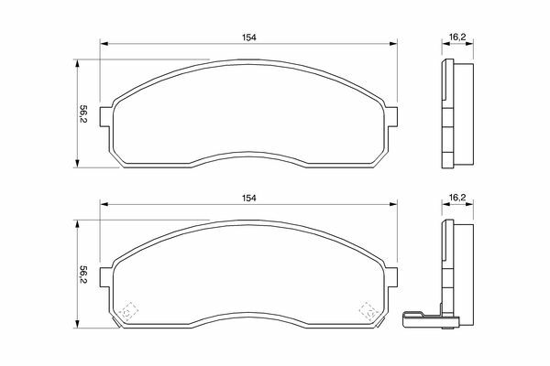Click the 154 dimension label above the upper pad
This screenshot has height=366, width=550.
point(248,38)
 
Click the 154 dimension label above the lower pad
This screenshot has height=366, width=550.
point(248,198)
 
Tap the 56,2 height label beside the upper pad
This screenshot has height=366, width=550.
point(83,113)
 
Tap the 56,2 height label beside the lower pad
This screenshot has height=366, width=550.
point(83,274)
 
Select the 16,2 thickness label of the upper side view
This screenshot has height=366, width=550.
point(457,38)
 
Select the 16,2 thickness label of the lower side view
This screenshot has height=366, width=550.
point(457,198)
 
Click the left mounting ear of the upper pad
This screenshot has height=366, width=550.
point(105,116)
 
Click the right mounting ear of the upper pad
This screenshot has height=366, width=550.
point(392,116)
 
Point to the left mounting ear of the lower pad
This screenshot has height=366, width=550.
point(105,277)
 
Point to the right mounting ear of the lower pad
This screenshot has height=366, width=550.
point(392,277)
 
